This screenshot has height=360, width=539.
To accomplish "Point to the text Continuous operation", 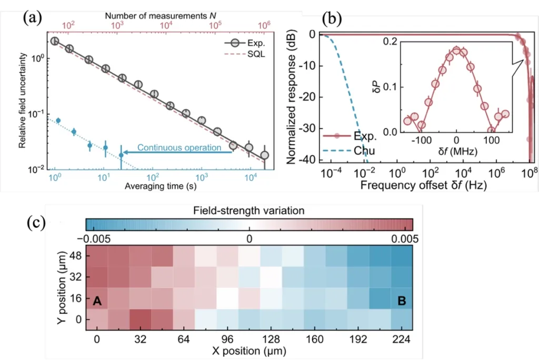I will point(179,148).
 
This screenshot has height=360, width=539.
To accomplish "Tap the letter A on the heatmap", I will point(97,301).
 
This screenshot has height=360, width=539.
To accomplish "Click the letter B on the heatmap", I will point(402,301).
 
